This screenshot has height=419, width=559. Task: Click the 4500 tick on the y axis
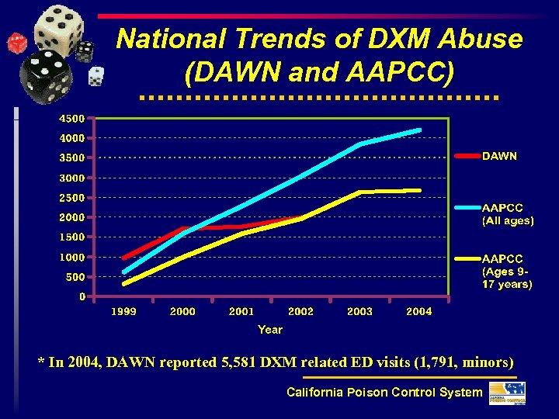coord(73,119)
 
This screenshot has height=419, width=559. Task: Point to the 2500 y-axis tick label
coord(73,198)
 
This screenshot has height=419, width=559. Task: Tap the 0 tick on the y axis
coord(82,296)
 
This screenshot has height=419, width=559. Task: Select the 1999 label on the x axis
coord(123,311)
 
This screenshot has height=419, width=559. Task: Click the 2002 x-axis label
coord(300,311)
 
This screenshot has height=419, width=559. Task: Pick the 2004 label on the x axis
coord(419,311)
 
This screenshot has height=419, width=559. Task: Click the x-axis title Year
coord(270,330)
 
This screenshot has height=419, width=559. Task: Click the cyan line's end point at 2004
coord(419,130)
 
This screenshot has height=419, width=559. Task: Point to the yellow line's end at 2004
coord(419,190)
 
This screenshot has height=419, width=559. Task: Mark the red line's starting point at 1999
coord(124,258)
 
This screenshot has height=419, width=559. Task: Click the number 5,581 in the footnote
coord(241,362)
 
